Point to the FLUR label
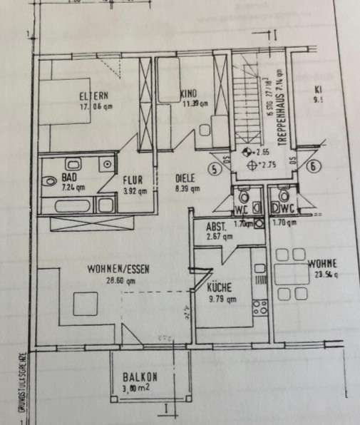[133, 180]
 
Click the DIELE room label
[186, 179]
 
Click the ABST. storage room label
[216, 226]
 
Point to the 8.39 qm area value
[187, 189]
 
